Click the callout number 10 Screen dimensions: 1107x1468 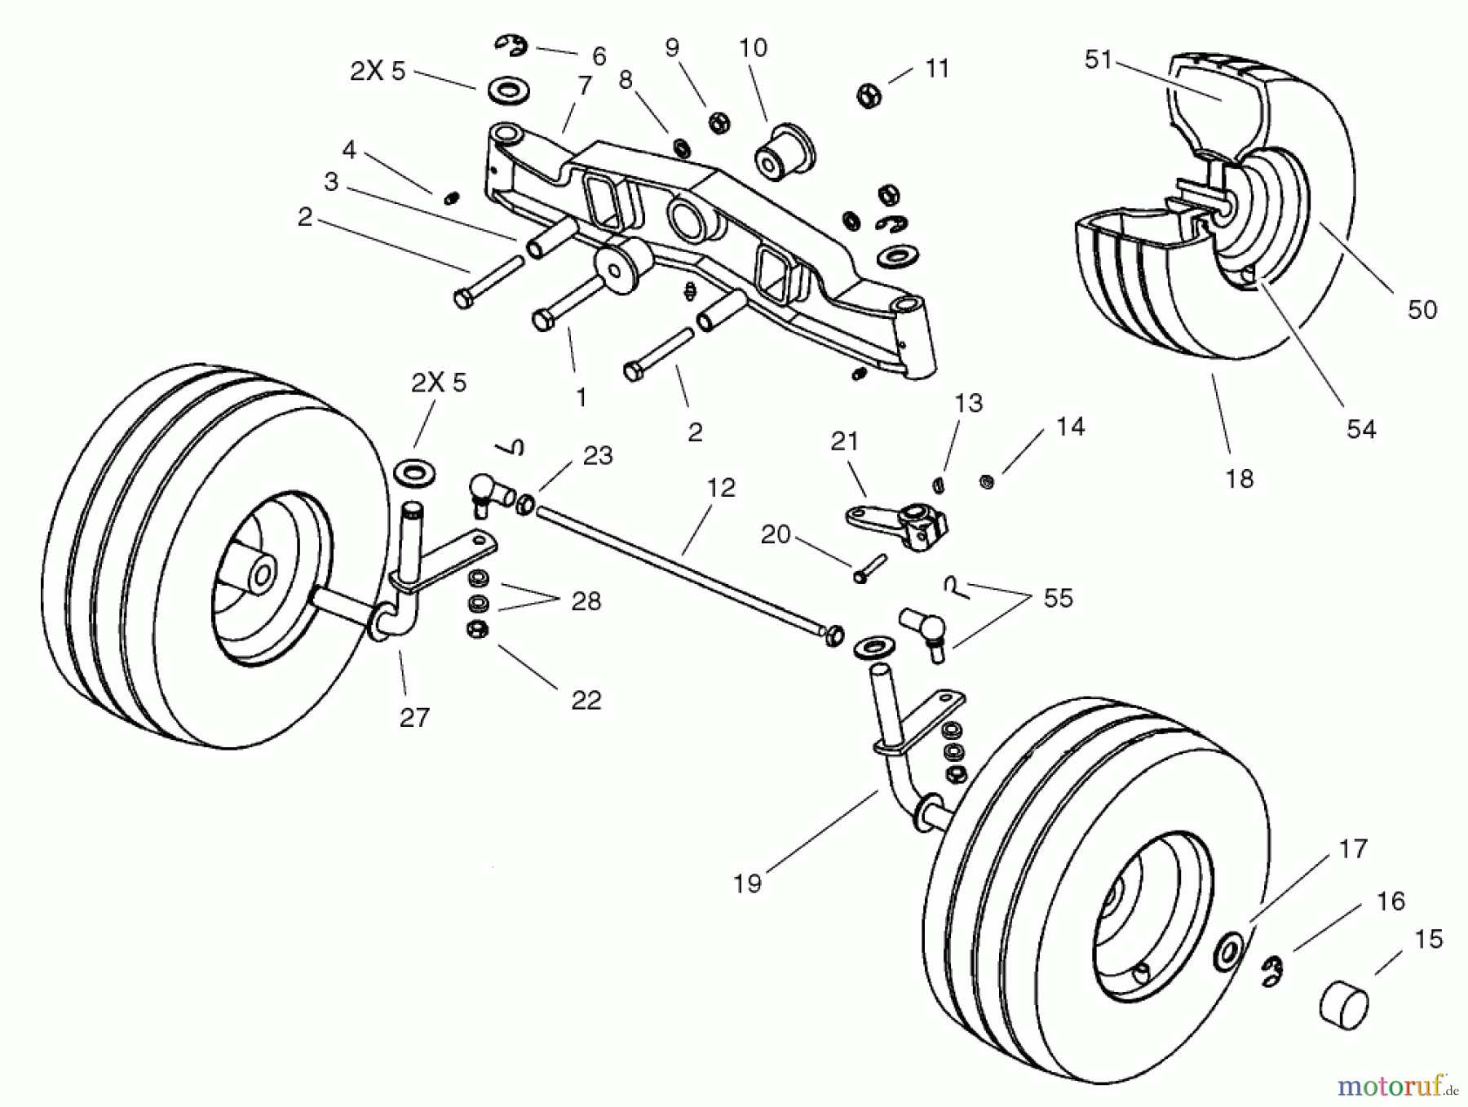tap(753, 48)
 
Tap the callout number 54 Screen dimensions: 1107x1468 tap(1360, 429)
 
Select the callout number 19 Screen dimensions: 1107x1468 tap(747, 883)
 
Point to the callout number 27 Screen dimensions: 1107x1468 tap(414, 717)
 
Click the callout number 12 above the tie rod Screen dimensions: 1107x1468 tap(720, 488)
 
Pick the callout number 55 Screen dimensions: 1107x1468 tap(1058, 598)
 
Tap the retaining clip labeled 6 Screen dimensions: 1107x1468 tap(511, 46)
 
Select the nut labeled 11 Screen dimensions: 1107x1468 tap(869, 95)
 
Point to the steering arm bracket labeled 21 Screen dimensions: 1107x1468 tap(897, 524)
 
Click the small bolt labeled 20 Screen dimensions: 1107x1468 tap(869, 566)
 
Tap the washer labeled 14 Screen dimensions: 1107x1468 tap(986, 482)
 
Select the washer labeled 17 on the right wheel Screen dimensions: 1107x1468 tap(1227, 951)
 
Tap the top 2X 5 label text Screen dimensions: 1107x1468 tap(377, 71)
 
